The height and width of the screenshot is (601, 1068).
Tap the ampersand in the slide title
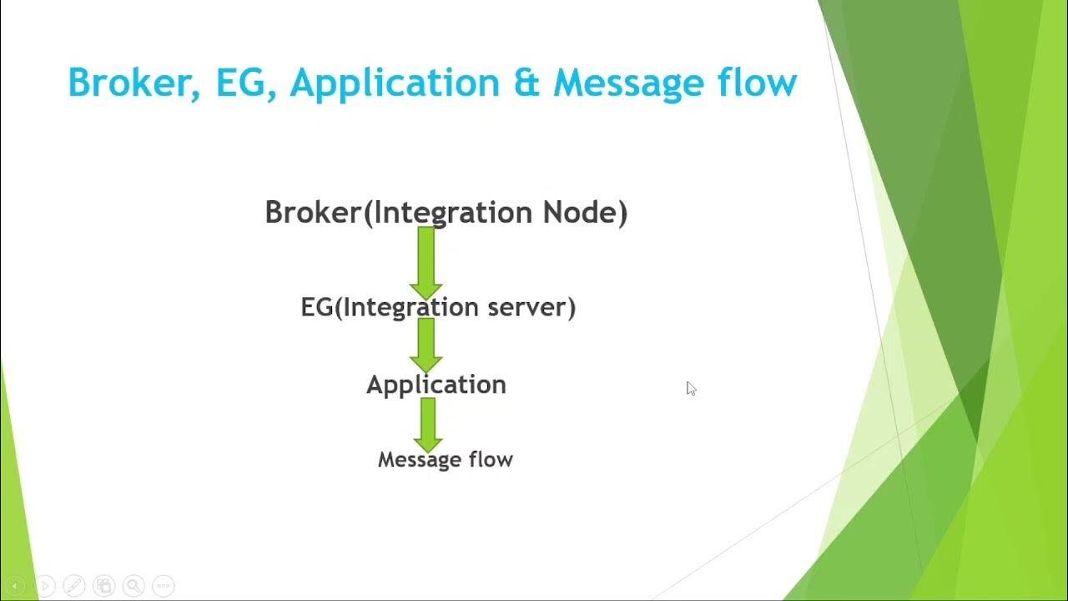526,83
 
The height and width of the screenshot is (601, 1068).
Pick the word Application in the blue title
395,83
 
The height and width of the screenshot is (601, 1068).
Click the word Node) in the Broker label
585,212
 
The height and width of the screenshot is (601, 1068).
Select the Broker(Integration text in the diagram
400,212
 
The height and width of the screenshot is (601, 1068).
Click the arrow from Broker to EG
426,260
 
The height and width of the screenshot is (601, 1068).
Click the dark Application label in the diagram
436,385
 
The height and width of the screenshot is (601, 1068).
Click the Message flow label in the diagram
445,459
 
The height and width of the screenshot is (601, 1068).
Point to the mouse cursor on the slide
691,388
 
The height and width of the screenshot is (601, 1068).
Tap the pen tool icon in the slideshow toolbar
73,586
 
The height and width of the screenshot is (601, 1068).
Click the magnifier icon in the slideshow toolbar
133,586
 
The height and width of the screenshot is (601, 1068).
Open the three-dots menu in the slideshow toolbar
164,586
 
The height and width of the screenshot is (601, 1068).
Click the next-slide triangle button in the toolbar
45,586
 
